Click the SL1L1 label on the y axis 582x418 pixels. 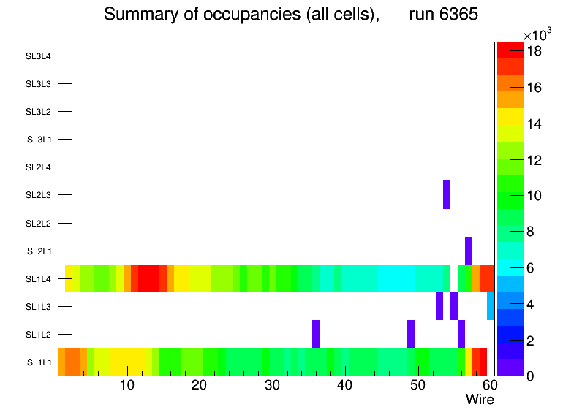pyautogui.click(x=39, y=362)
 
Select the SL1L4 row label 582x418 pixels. pyautogui.click(x=39, y=278)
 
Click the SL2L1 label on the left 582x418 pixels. pyautogui.click(x=39, y=251)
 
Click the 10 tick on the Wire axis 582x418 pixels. pyautogui.click(x=126, y=385)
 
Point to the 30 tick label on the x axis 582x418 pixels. pyautogui.click(x=272, y=385)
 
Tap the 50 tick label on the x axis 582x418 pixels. pyautogui.click(x=417, y=385)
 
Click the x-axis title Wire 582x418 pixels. pyautogui.click(x=480, y=400)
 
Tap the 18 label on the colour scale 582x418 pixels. pyautogui.click(x=535, y=51)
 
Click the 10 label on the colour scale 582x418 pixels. pyautogui.click(x=535, y=195)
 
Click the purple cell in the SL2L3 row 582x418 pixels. pyautogui.click(x=447, y=194)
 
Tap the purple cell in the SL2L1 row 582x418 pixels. pyautogui.click(x=468, y=250)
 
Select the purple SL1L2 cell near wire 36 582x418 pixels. pyautogui.click(x=316, y=334)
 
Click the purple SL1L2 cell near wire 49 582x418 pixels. pyautogui.click(x=411, y=334)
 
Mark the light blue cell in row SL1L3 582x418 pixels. pyautogui.click(x=491, y=306)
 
